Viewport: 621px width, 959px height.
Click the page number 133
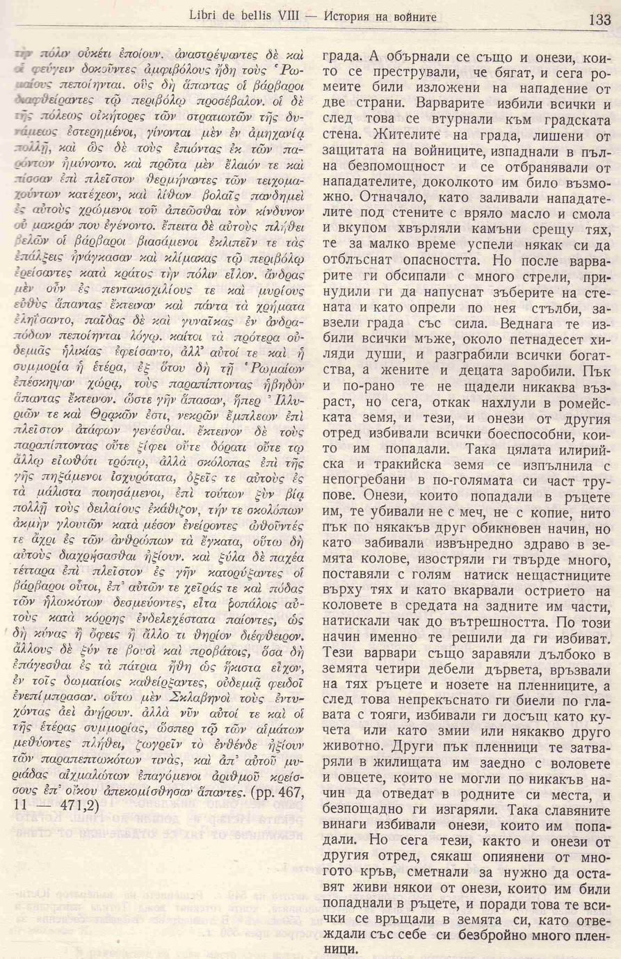click(598, 20)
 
